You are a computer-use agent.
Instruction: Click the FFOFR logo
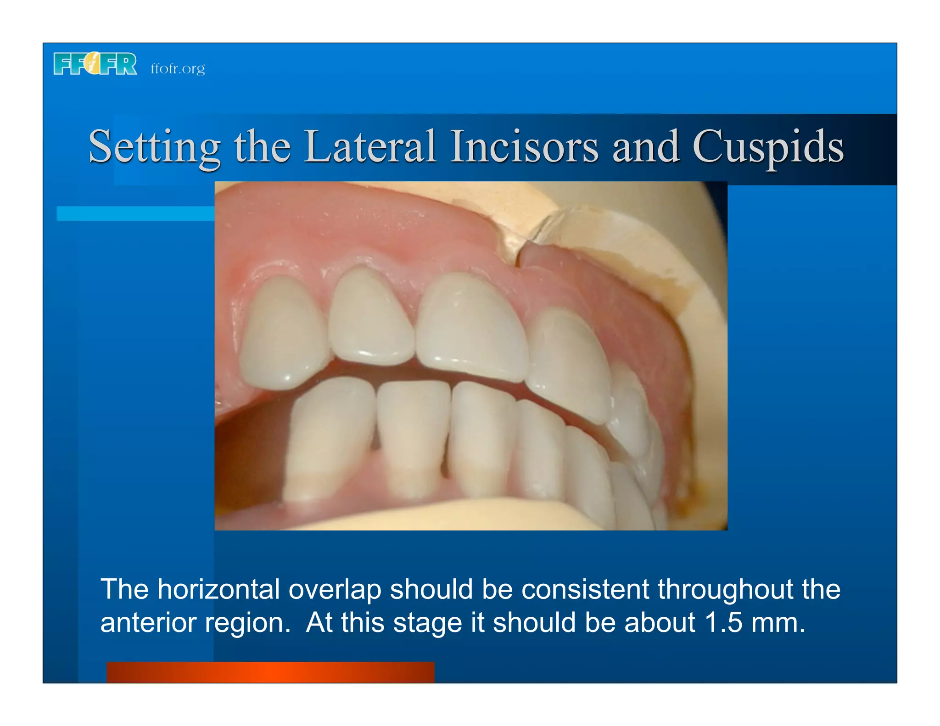pyautogui.click(x=95, y=63)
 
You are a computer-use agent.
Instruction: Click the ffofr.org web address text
pyautogui.click(x=178, y=68)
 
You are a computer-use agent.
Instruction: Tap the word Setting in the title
pyautogui.click(x=154, y=146)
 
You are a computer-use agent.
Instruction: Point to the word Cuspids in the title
pyautogui.click(x=768, y=146)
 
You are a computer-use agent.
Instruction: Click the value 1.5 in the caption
pyautogui.click(x=723, y=623)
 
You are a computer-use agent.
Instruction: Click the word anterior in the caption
pyautogui.click(x=148, y=623)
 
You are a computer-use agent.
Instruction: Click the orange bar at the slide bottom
pyautogui.click(x=270, y=672)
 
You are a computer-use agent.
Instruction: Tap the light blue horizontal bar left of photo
pyautogui.click(x=135, y=213)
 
